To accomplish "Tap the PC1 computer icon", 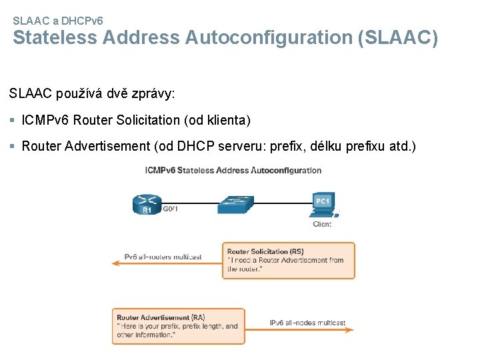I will (324, 204).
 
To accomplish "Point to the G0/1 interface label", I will (170, 209).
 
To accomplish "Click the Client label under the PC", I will (321, 224).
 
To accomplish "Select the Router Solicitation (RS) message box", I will (288, 260).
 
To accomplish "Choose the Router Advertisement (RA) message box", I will (178, 326).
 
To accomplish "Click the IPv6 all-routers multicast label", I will (157, 257).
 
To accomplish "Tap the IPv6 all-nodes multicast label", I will (307, 323).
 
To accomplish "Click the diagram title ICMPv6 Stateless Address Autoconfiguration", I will (233, 170).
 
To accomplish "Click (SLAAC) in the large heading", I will (398, 38).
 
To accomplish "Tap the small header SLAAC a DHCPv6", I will (58, 21).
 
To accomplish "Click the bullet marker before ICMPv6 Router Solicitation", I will (13, 121).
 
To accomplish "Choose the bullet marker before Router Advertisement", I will (13, 146).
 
